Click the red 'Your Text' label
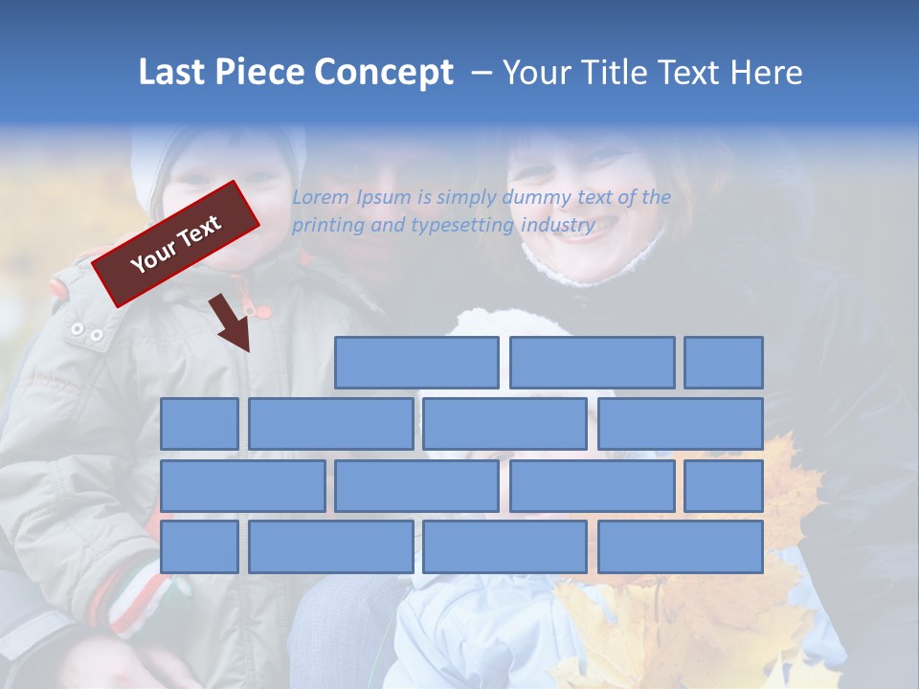pyautogui.click(x=176, y=243)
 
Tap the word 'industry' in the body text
pyautogui.click(x=558, y=226)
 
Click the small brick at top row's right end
pyautogui.click(x=724, y=363)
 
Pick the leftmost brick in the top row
pyautogui.click(x=416, y=363)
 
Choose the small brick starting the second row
pyautogui.click(x=199, y=424)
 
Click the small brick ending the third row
pyautogui.click(x=724, y=486)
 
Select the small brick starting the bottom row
pyautogui.click(x=199, y=547)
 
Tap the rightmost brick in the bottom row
pyautogui.click(x=681, y=547)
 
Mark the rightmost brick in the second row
pyautogui.click(x=681, y=424)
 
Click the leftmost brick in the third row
pyautogui.click(x=242, y=486)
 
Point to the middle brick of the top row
pyautogui.click(x=592, y=363)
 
